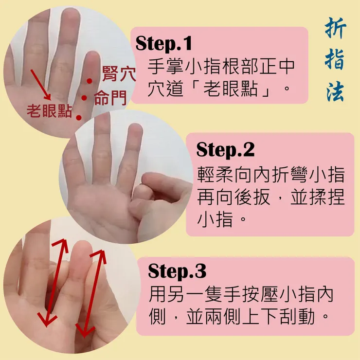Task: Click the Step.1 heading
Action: (x=163, y=43)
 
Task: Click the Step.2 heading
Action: (x=225, y=149)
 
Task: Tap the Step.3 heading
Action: (x=177, y=271)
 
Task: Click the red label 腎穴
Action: (x=119, y=73)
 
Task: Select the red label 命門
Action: (x=110, y=98)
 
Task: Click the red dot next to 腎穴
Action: (x=90, y=81)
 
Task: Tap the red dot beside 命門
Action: (x=84, y=98)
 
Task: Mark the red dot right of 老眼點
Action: (x=79, y=118)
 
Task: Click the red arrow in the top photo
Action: (x=41, y=85)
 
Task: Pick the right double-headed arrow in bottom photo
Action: (x=91, y=294)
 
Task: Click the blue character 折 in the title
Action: (x=336, y=29)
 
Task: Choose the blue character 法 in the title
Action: (x=336, y=91)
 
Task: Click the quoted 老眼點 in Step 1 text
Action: (x=231, y=89)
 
